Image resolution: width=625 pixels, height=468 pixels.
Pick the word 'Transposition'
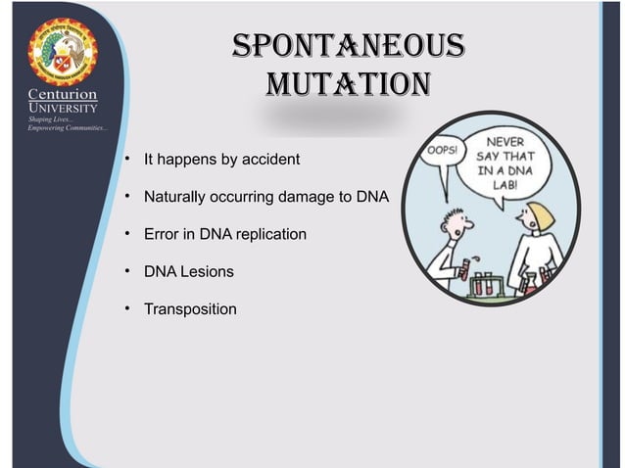[190, 309]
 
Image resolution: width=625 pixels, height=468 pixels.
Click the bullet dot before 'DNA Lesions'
[128, 271]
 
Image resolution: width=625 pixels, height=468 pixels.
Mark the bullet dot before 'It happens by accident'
[128, 158]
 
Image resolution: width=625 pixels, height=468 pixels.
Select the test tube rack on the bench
[494, 285]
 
